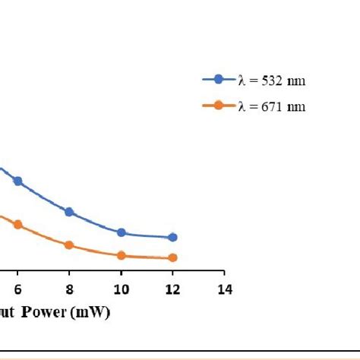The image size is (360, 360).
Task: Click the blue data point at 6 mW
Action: click(x=17, y=181)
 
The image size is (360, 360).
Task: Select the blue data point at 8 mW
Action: click(x=69, y=212)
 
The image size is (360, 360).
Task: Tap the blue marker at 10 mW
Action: click(x=121, y=232)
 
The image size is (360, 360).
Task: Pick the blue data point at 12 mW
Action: click(x=172, y=238)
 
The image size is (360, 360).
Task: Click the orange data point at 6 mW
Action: click(x=17, y=225)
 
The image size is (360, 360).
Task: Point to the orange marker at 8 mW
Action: click(x=69, y=245)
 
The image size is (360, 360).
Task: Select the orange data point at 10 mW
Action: click(x=121, y=255)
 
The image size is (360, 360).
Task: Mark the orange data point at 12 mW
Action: click(x=172, y=258)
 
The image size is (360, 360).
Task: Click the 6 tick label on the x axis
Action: click(x=17, y=289)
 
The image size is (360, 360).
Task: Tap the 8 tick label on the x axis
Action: click(x=69, y=289)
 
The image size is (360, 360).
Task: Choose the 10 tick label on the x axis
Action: click(x=121, y=289)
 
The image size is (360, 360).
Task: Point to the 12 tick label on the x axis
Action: click(x=172, y=289)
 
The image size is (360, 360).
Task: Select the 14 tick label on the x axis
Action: click(x=224, y=289)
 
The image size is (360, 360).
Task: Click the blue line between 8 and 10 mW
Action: click(x=95, y=223)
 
